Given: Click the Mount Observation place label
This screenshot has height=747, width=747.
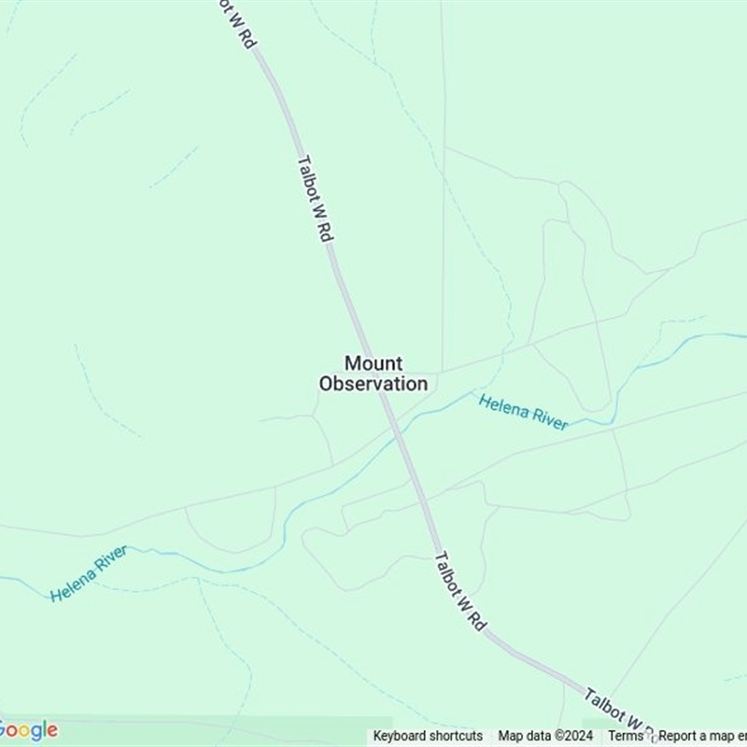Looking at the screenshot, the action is (x=373, y=373).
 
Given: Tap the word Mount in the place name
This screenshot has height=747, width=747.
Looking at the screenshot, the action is (x=373, y=363).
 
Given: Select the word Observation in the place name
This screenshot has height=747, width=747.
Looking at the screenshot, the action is (x=373, y=384).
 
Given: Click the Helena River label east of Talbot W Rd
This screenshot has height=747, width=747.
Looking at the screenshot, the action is (x=523, y=412).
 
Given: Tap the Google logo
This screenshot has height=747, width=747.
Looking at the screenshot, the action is (x=28, y=730).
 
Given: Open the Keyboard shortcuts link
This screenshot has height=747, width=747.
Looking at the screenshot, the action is (x=428, y=736).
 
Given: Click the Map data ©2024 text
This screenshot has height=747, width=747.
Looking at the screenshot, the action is (x=546, y=736).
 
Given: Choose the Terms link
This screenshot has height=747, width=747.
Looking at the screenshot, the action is (x=626, y=736).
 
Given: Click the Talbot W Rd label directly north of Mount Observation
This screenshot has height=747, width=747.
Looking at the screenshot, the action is (x=315, y=198).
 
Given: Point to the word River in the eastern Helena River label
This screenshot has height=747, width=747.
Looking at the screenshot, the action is (x=549, y=419).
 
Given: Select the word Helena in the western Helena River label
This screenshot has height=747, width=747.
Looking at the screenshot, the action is (x=71, y=583).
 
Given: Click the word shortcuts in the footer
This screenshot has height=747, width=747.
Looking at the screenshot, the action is (x=455, y=736).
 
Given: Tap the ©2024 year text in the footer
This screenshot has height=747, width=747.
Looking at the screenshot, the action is (x=574, y=736).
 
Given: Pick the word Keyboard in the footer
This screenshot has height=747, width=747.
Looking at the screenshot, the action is (x=400, y=736).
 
